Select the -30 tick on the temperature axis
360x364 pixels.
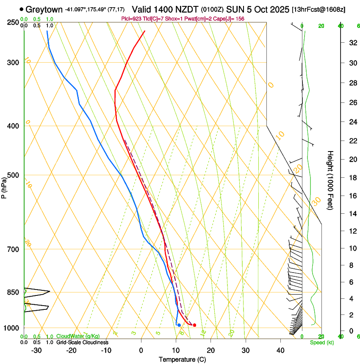tap(36, 350)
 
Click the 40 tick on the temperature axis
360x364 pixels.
tap(280, 350)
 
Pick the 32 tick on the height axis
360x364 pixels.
tap(352, 43)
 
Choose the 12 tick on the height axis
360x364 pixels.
tap(352, 231)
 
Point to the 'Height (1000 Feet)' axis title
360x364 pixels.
tap(331, 180)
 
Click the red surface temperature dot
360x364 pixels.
tap(194, 325)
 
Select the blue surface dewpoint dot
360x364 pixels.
tap(179, 325)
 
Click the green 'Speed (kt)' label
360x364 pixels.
tap(321, 342)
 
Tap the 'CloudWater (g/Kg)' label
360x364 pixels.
tap(76, 336)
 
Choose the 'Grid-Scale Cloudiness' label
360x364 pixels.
tap(82, 342)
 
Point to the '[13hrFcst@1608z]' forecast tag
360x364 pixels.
tap(318, 9)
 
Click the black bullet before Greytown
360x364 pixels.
tap(21, 9)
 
